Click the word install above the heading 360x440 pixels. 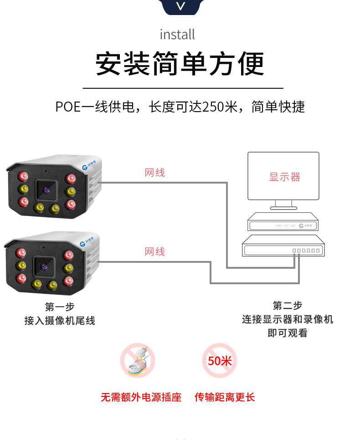[177, 34]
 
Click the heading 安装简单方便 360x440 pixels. [180, 64]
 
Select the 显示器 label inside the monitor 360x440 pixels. [285, 177]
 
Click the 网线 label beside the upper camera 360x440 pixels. [154, 173]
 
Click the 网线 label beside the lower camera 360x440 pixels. [154, 251]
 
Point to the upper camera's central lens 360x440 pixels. [46, 189]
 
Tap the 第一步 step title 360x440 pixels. [59, 307]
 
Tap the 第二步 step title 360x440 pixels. [287, 305]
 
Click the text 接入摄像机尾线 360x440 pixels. [59, 321]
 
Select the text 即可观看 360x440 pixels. [287, 333]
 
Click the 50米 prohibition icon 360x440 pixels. [220, 361]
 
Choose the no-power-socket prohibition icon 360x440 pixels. [138, 361]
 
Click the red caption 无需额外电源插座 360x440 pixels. [141, 397]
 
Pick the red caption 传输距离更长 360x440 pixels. [225, 397]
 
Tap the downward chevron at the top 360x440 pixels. [181, 6]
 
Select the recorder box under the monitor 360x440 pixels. [283, 224]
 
